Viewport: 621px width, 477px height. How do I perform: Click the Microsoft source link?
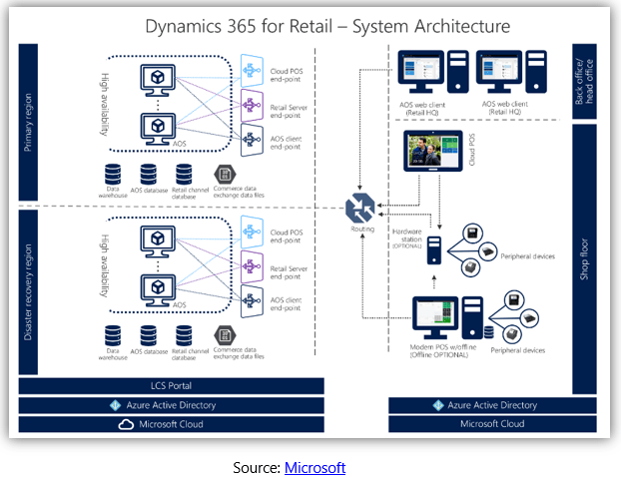(314, 467)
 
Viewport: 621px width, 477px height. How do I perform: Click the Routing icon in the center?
(358, 209)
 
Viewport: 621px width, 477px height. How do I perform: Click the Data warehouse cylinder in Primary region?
(115, 174)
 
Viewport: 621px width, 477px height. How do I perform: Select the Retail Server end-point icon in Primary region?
(255, 103)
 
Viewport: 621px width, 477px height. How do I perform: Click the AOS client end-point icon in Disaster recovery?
(255, 297)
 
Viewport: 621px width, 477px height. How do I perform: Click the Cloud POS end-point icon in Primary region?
(255, 70)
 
